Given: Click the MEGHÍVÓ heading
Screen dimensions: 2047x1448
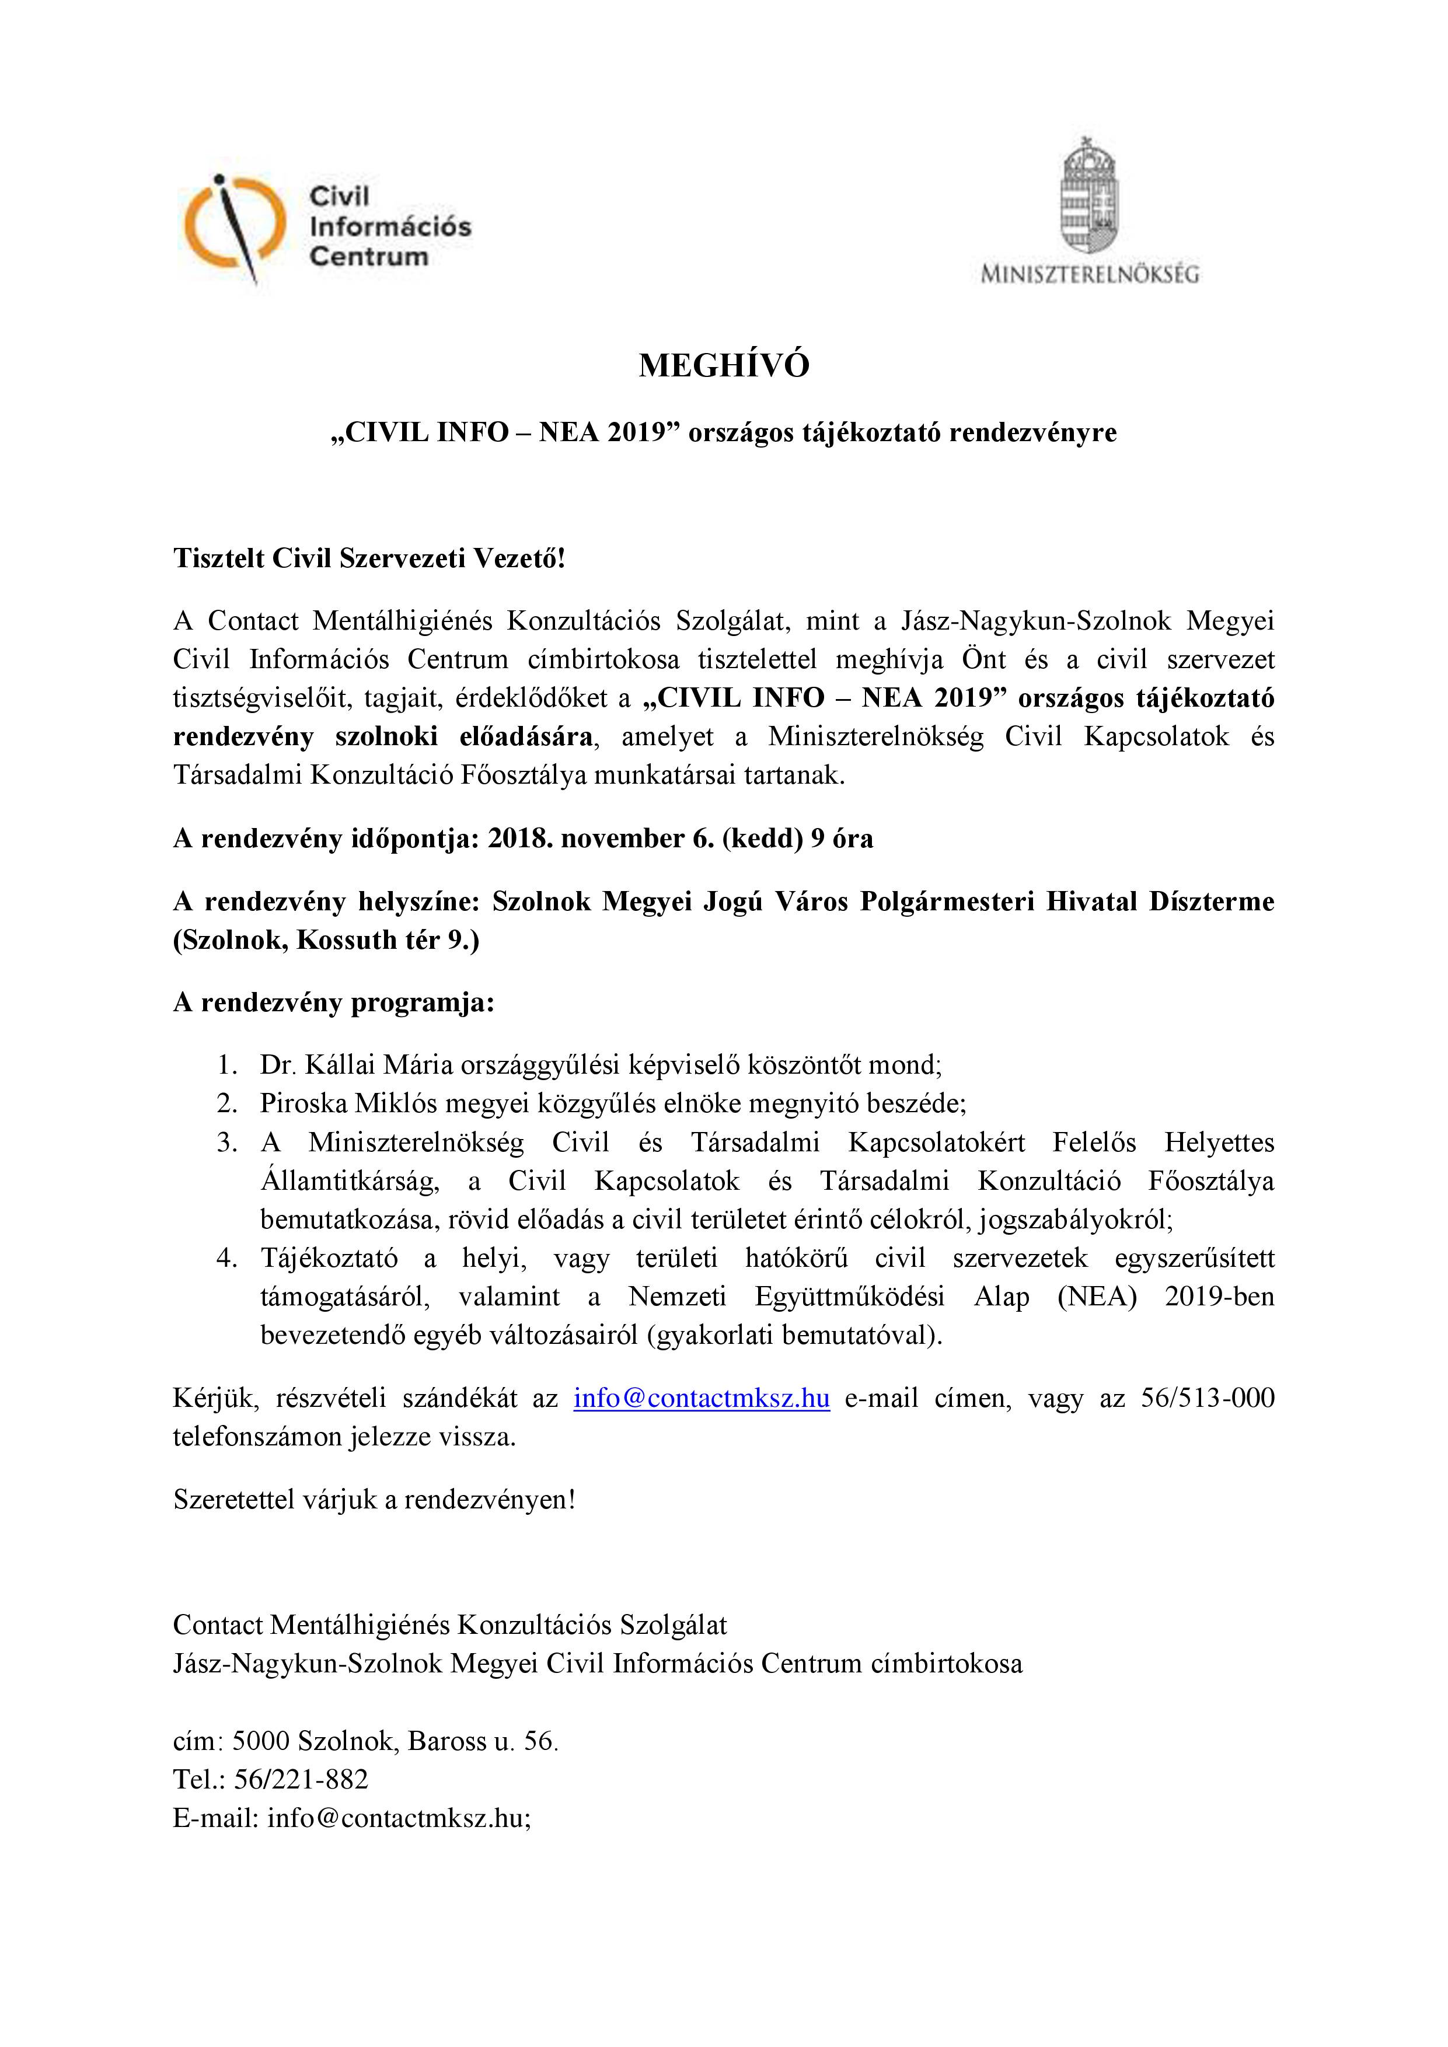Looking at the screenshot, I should [x=723, y=365].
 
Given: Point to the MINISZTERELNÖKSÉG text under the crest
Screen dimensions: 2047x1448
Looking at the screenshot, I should [x=1090, y=274].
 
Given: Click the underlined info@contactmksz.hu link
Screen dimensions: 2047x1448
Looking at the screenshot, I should [x=701, y=1398].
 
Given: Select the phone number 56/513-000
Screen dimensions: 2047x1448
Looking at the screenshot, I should [x=1208, y=1398].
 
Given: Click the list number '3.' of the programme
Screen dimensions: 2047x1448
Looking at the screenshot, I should [x=228, y=1142].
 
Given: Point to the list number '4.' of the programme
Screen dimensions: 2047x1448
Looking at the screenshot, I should [x=228, y=1258].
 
